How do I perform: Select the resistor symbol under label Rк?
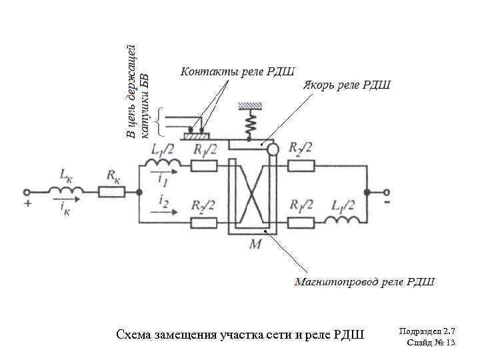coord(111,192)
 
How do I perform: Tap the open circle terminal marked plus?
coord(27,192)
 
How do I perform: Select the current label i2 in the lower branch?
coord(163,199)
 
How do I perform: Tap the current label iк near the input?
coord(65,208)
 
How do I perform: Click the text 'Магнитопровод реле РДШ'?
coord(365,281)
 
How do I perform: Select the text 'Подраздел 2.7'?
coord(427,331)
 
